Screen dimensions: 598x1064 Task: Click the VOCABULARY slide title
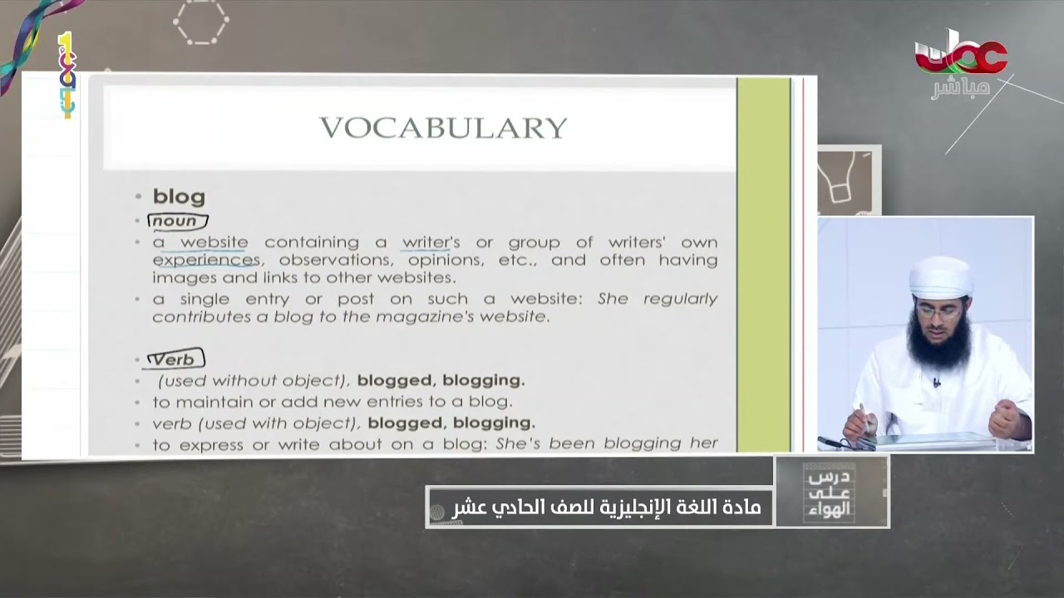pos(443,127)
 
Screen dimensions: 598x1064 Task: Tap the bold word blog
pos(179,197)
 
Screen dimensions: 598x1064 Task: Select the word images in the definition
pos(179,277)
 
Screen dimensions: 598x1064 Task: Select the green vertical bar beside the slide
pos(763,264)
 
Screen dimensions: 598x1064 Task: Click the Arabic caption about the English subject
pos(606,506)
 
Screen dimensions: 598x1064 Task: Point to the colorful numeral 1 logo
pos(66,75)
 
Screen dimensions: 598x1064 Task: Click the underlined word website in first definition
pos(214,243)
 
